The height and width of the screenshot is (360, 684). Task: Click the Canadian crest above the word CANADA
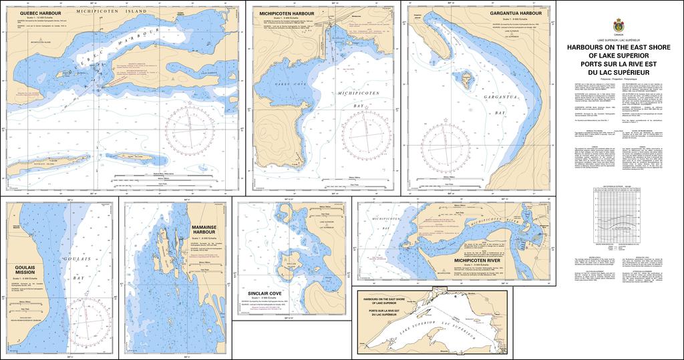(617, 25)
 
